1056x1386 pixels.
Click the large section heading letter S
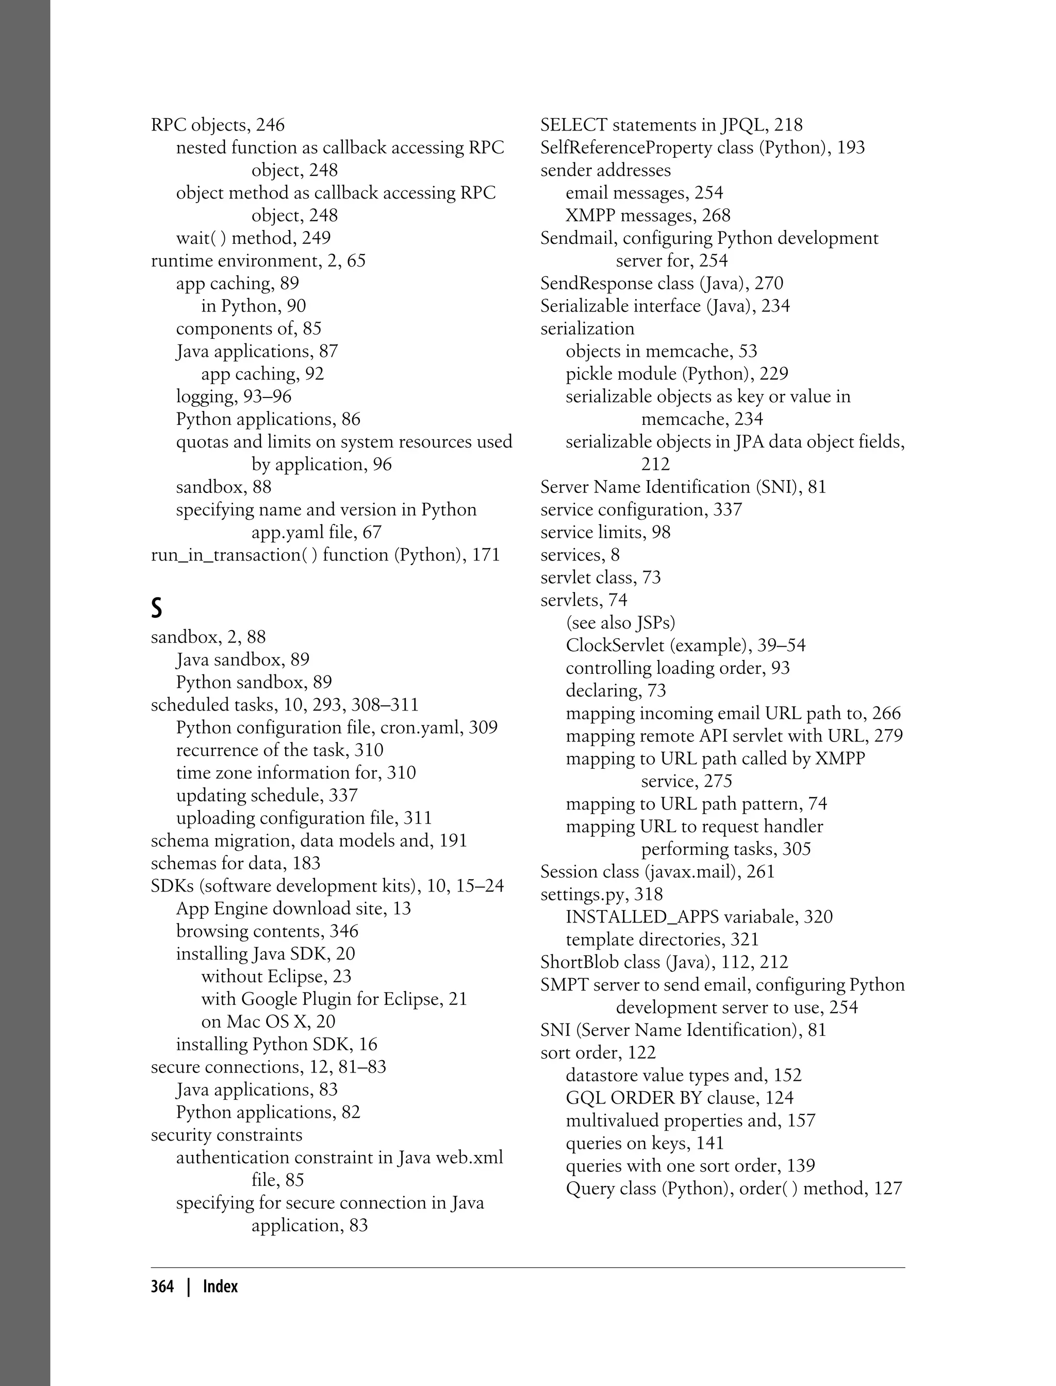(157, 608)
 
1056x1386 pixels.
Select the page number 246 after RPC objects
(270, 125)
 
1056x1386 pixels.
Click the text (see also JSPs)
(620, 623)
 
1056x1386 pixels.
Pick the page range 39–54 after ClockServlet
(775, 646)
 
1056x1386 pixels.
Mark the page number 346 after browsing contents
(344, 931)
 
